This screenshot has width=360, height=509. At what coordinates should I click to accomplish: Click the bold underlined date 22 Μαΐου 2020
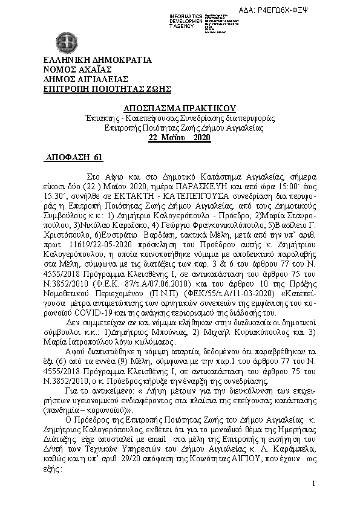(x=179, y=138)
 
